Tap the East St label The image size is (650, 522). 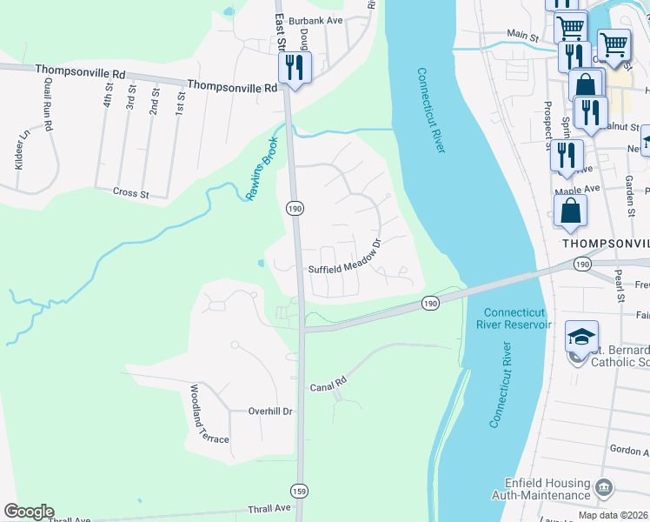pos(281,33)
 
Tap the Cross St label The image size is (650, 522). pos(132,191)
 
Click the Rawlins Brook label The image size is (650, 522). pos(261,168)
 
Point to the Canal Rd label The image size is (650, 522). pos(328,382)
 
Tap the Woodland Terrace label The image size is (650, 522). pos(209,415)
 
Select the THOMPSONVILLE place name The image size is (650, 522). pos(606,244)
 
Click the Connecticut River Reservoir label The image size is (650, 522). pos(517,318)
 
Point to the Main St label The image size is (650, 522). pos(523,35)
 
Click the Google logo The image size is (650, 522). pos(29,512)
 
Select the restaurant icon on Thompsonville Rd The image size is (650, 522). pos(295,67)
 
